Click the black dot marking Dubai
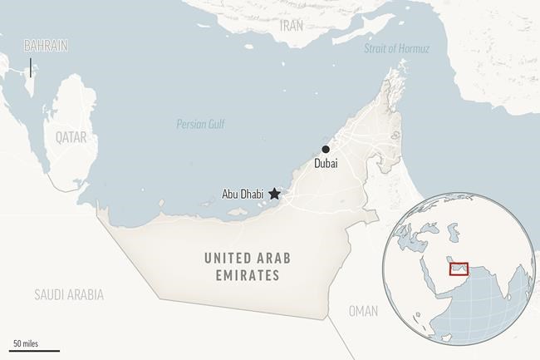pos(326,150)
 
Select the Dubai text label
pos(326,165)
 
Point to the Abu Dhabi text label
pos(243,195)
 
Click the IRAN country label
pos(292,26)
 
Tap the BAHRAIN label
pos(46,46)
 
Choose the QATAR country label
pos(71,136)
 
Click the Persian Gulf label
pos(200,124)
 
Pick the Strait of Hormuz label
pos(396,49)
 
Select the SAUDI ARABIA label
pos(69,294)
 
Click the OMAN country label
pos(362,311)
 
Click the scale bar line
pos(36,351)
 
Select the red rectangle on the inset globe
pos(459,269)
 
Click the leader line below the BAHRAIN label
pos(31,67)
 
